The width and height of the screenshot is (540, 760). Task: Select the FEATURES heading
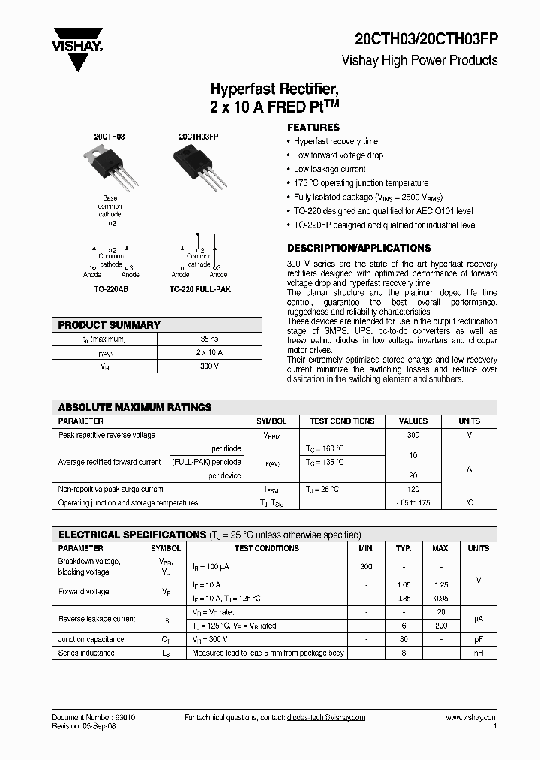313,128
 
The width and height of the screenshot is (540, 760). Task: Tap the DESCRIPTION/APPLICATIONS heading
358,248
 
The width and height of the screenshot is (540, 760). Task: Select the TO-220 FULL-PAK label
197,288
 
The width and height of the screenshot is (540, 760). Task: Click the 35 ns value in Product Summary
209,339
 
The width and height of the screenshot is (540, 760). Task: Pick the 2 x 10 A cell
209,352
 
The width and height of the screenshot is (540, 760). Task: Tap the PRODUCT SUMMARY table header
109,325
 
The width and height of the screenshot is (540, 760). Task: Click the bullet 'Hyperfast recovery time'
335,141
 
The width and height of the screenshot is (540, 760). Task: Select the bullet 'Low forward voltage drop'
338,155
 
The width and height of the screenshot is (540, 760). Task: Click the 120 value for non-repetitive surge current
412,489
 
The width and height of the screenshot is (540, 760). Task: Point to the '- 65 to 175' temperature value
412,502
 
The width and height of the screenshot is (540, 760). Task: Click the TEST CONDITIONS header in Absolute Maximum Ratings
342,421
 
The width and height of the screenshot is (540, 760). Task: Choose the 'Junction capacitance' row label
91,640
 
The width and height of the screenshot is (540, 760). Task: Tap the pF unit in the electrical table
478,640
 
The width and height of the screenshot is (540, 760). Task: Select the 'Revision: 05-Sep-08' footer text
85,727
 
